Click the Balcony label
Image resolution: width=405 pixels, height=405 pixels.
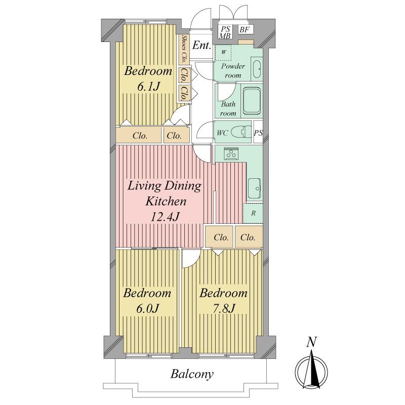(x=192, y=375)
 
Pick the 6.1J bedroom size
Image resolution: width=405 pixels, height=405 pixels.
(x=148, y=87)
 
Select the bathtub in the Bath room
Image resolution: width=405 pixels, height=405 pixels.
(x=252, y=102)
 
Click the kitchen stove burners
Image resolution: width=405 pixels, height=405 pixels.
(x=231, y=153)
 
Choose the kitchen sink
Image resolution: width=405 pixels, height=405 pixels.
(x=254, y=188)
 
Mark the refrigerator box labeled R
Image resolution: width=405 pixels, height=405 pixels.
(x=253, y=213)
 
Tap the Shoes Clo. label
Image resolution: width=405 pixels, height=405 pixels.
(x=184, y=49)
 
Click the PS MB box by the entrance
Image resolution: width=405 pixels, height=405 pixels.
(x=224, y=31)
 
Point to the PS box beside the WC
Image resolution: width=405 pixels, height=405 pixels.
(x=258, y=134)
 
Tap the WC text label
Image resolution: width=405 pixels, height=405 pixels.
(x=223, y=133)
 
